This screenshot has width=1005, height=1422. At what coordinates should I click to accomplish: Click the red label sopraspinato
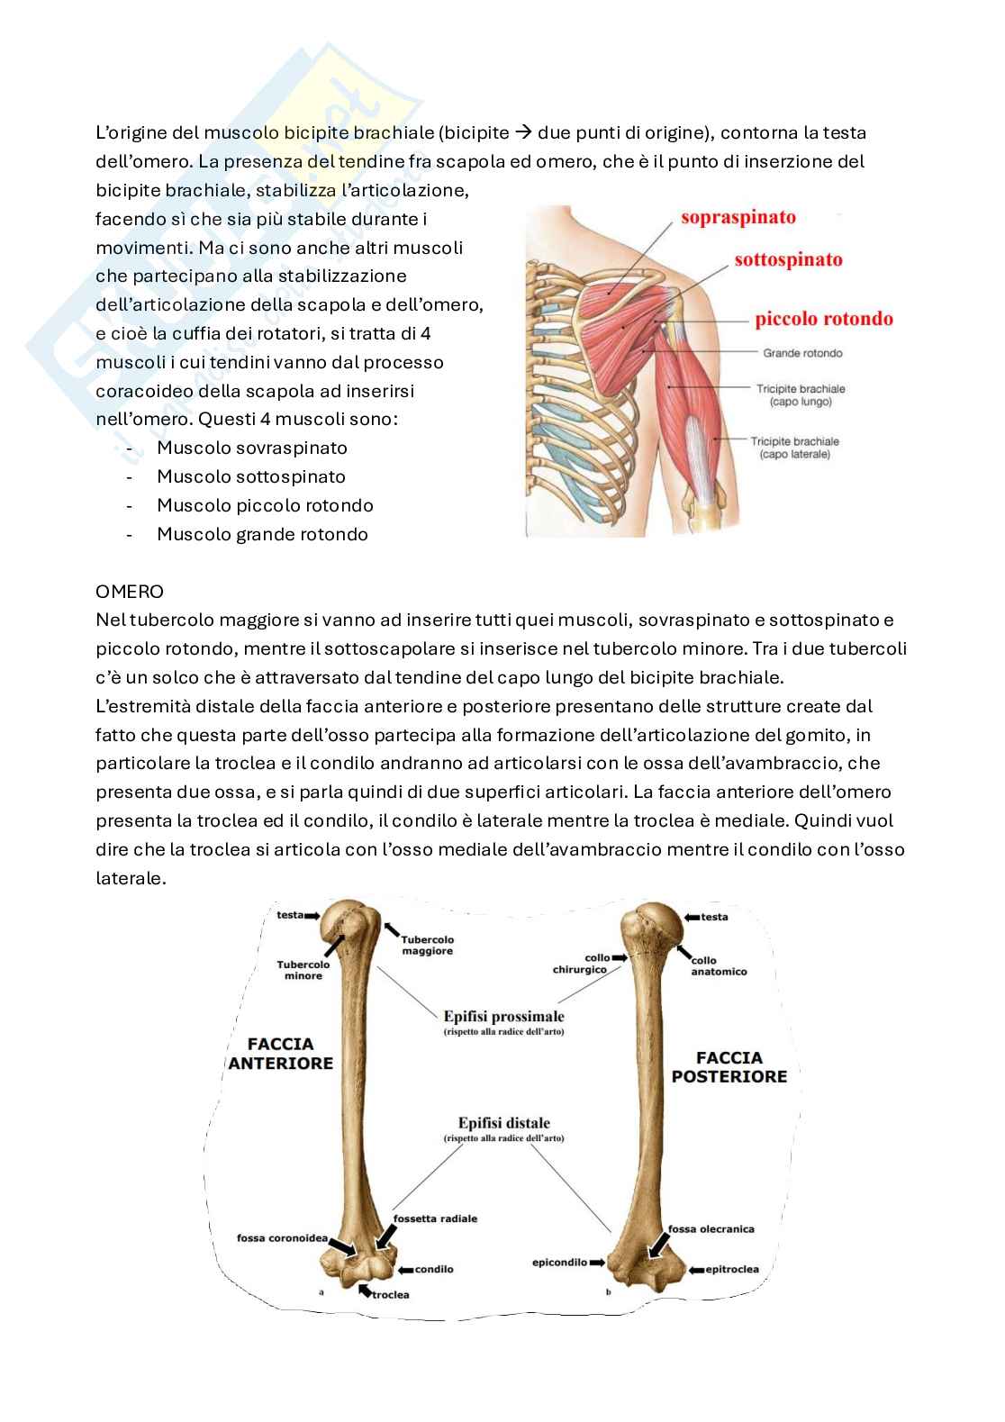738,217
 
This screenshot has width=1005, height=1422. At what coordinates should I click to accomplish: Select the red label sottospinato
788,260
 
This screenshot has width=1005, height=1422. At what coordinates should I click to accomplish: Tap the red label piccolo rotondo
824,319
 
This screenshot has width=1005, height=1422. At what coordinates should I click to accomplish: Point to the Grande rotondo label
802,353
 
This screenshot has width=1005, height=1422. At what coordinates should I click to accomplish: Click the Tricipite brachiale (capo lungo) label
801,395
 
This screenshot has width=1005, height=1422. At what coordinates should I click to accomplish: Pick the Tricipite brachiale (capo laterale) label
794,448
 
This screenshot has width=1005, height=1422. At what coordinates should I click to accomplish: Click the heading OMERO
130,592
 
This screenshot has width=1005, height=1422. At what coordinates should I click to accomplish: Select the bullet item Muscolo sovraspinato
251,448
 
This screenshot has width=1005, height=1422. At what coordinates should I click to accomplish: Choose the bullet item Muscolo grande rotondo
262,534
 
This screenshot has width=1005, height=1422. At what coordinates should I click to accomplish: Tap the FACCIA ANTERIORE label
280,1054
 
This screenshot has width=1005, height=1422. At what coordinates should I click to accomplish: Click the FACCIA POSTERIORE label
729,1067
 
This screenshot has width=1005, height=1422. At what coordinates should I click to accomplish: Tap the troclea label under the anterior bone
390,1294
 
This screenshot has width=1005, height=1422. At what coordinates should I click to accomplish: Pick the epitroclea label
731,1269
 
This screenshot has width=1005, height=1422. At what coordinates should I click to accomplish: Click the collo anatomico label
719,966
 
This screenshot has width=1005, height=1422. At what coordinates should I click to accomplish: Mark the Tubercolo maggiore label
427,945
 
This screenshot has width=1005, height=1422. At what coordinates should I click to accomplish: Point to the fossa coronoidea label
282,1238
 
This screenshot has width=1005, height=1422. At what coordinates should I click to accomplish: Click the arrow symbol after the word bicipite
523,132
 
